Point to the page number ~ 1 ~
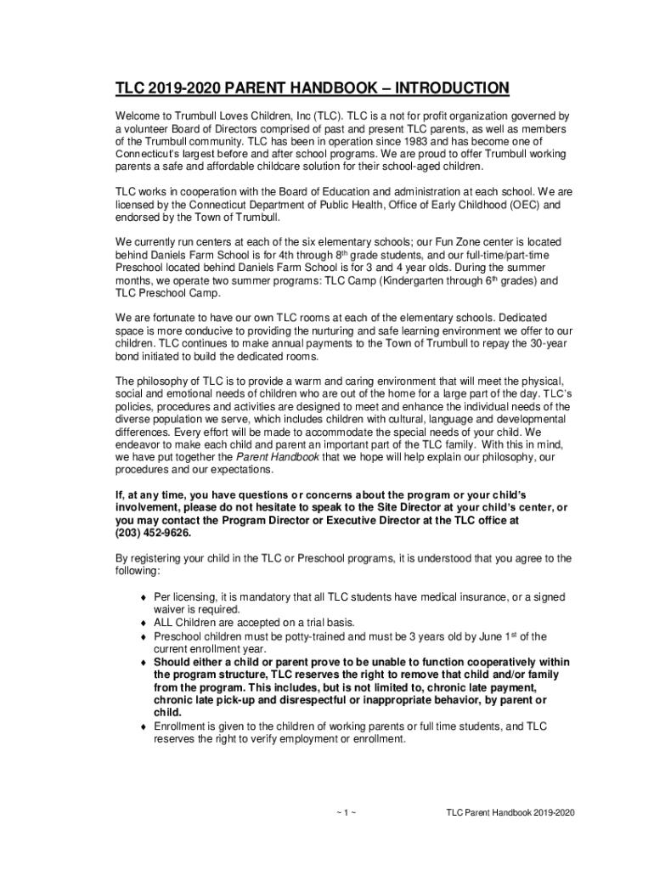click(x=344, y=812)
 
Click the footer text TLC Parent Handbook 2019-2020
click(x=510, y=812)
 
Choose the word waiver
click(x=169, y=609)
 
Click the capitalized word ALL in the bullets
click(x=165, y=622)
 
